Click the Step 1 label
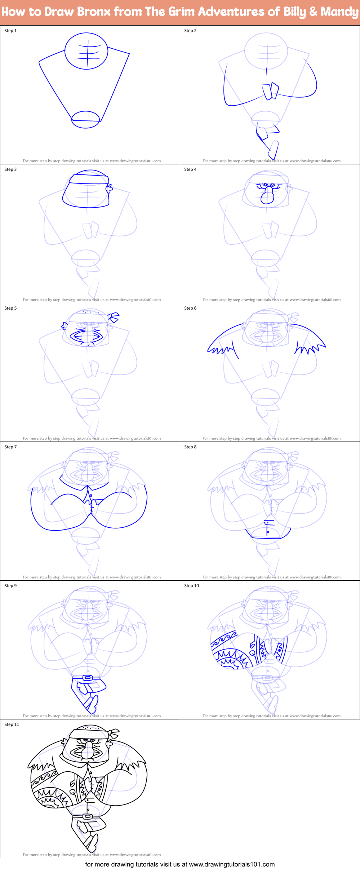point(10,31)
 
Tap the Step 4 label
point(190,169)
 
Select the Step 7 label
point(10,447)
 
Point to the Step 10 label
point(191,586)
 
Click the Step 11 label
point(12,724)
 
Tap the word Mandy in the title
point(339,12)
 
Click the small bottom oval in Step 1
point(85,119)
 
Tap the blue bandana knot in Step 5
point(114,317)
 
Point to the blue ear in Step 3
point(109,188)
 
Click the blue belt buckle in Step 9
point(87,678)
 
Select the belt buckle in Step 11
point(87,817)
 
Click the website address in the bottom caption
point(232,864)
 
